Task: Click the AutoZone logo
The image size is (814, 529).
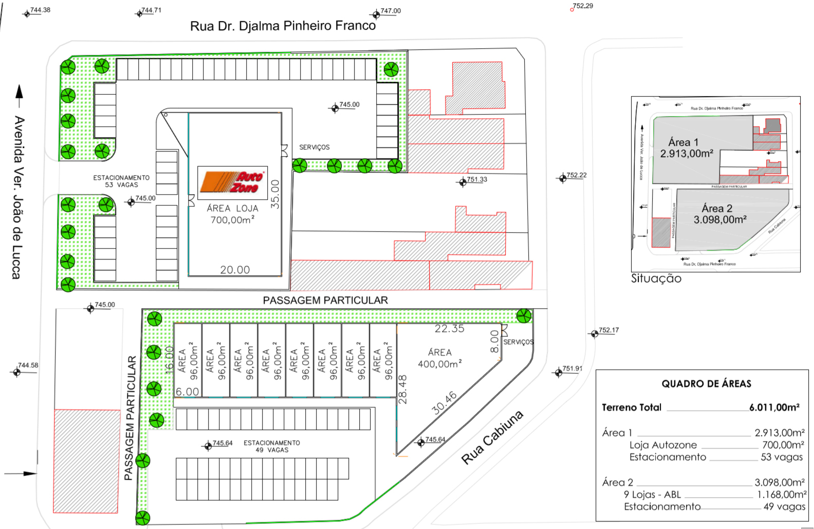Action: (231, 182)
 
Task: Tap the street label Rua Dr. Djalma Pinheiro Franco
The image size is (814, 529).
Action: (283, 26)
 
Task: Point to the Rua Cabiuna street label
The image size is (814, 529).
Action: (492, 438)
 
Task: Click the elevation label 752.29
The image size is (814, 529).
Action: (583, 6)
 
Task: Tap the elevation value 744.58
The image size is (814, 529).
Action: (28, 365)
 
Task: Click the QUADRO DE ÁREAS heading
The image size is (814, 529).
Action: (706, 384)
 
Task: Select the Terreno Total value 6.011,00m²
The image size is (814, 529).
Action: (774, 407)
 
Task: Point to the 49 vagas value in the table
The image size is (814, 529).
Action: (784, 506)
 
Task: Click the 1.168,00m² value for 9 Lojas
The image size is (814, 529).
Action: (781, 495)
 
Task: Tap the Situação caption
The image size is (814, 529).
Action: (656, 278)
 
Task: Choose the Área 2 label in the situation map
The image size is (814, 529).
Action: (717, 209)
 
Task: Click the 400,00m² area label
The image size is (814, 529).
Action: (439, 364)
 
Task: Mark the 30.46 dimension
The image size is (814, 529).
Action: (445, 403)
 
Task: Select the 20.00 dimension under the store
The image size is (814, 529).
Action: (235, 270)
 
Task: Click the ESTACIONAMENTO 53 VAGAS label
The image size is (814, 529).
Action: (121, 181)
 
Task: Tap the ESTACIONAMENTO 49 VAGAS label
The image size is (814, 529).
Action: (271, 446)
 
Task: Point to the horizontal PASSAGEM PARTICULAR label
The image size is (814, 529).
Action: (325, 300)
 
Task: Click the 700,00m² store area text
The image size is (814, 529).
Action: (232, 220)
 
